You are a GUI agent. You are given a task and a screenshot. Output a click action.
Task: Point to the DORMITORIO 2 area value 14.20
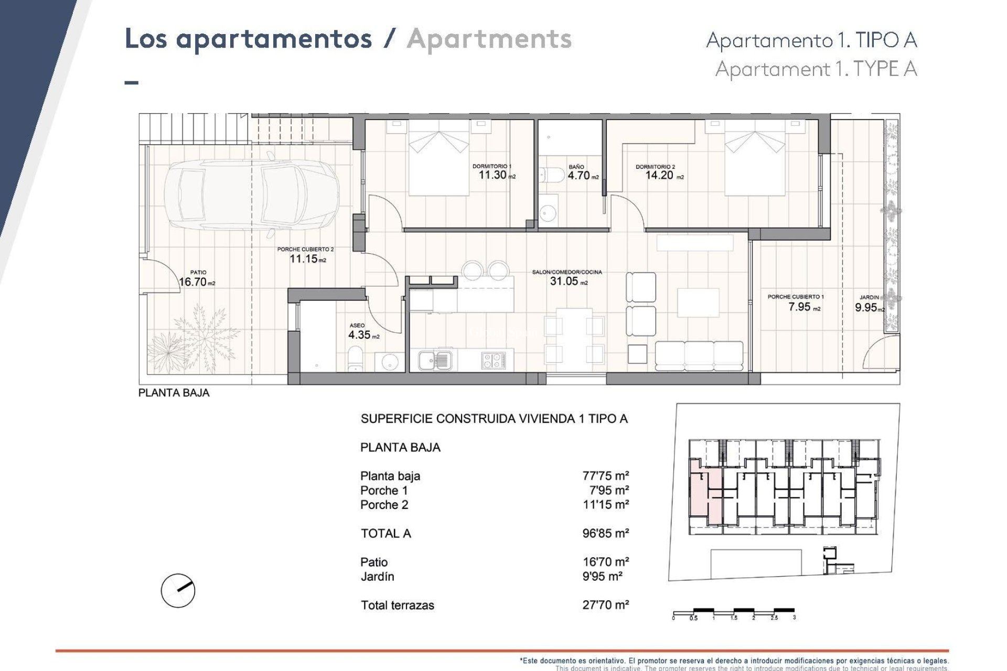(659, 175)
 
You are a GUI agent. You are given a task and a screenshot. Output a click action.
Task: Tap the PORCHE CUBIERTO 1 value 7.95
(799, 307)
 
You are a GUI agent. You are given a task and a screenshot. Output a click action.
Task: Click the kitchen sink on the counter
(435, 360)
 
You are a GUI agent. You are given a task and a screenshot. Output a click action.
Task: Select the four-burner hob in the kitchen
(494, 360)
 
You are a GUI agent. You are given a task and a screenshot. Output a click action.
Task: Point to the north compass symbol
(178, 590)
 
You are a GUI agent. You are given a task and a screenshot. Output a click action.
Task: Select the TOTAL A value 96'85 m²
(605, 533)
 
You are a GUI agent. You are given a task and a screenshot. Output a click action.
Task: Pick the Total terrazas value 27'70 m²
(605, 605)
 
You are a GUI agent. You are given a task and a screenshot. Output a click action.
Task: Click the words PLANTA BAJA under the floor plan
(174, 393)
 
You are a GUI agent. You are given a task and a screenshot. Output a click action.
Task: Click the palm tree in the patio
(202, 333)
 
